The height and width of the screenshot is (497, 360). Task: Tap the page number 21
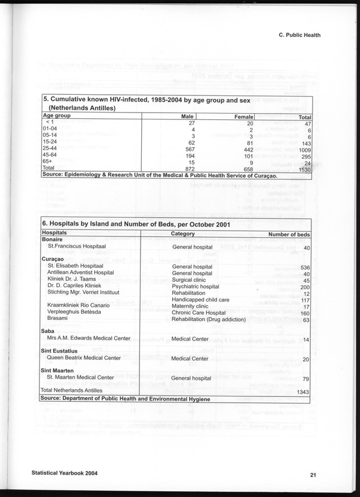(314, 474)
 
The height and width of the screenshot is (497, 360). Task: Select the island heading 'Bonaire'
(52, 241)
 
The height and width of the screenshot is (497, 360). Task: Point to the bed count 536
(305, 268)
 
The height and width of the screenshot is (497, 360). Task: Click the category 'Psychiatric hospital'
(195, 286)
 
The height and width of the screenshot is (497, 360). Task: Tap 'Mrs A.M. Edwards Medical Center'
(89, 338)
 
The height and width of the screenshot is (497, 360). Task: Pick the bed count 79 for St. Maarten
(306, 379)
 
